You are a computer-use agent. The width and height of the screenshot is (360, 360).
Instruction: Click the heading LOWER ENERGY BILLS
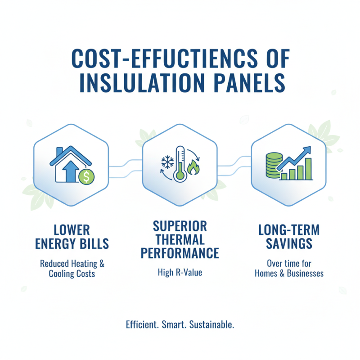(x=72, y=237)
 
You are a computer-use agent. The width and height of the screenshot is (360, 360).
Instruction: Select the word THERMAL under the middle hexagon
(x=180, y=238)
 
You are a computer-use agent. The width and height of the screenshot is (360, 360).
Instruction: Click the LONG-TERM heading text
(x=288, y=229)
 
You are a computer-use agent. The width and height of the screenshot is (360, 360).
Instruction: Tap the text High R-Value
(x=180, y=272)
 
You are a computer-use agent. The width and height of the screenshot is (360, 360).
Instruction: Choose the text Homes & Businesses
(x=289, y=273)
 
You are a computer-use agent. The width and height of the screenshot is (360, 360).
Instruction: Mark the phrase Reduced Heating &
(x=72, y=264)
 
